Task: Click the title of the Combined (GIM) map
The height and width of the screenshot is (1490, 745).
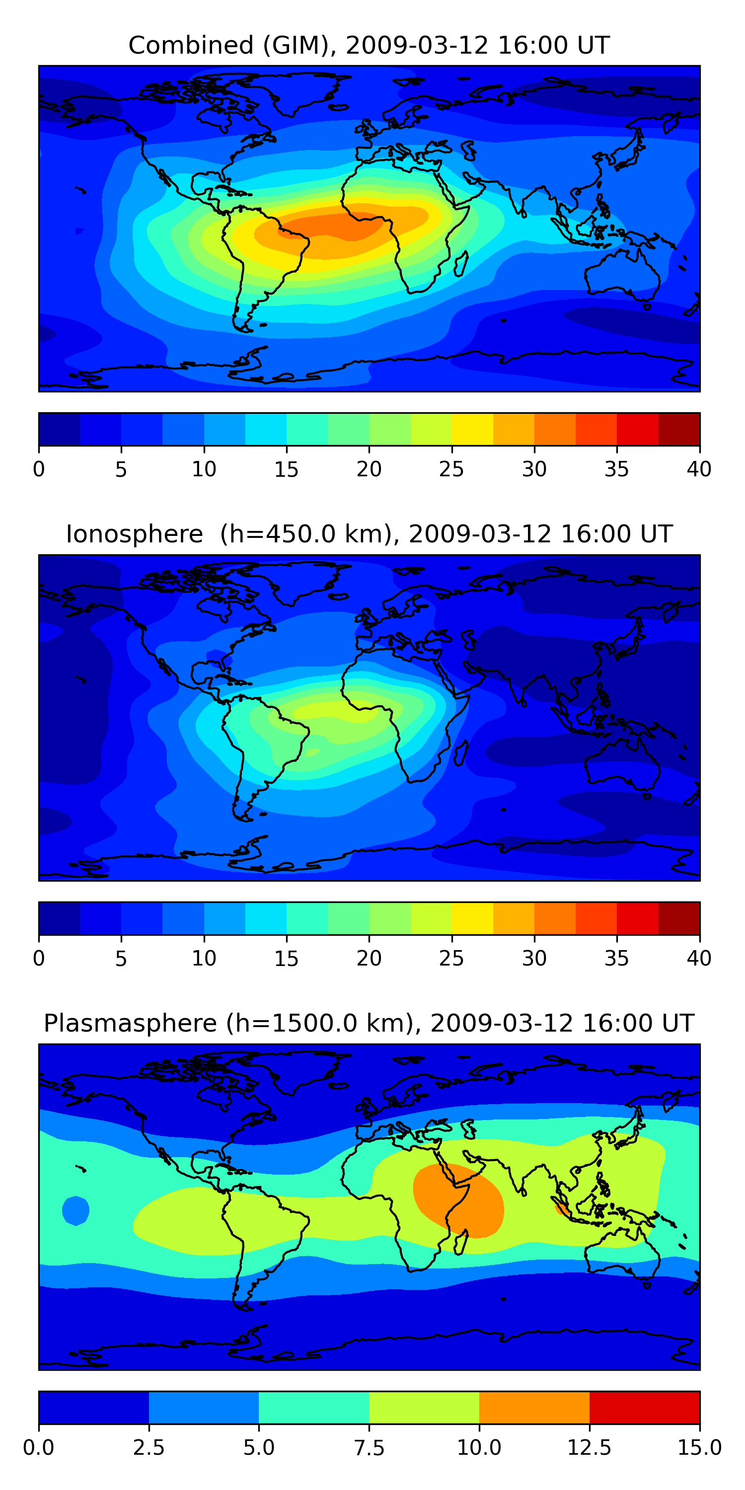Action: [x=369, y=45]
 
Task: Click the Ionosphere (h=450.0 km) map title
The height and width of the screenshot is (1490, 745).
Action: [x=369, y=534]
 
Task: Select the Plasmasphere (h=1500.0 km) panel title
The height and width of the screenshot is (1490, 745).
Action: [x=369, y=1023]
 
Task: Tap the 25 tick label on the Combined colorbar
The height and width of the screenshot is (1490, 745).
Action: [x=451, y=469]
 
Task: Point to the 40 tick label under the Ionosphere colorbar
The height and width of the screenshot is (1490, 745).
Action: [x=699, y=959]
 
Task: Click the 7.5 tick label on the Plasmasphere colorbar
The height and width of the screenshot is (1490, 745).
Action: [x=369, y=1448]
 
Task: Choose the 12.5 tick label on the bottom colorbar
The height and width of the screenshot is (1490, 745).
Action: [x=589, y=1448]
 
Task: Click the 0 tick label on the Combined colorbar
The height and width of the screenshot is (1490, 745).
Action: [x=39, y=469]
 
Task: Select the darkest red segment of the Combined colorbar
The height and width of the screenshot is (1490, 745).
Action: [x=678, y=429]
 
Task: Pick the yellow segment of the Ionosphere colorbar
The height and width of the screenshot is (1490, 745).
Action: [x=472, y=918]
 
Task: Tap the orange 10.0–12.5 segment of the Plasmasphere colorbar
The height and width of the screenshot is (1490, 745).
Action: [x=534, y=1407]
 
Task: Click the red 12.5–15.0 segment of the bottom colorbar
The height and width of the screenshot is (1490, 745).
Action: [x=644, y=1407]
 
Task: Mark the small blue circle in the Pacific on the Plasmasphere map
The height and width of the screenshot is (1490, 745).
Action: [x=75, y=1210]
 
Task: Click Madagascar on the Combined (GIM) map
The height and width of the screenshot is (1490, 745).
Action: [x=461, y=264]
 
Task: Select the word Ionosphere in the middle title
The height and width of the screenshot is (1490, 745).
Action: [x=134, y=534]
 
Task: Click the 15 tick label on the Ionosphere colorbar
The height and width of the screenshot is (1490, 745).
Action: [x=286, y=959]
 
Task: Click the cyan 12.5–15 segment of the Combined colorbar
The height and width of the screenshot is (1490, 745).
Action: [x=266, y=429]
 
